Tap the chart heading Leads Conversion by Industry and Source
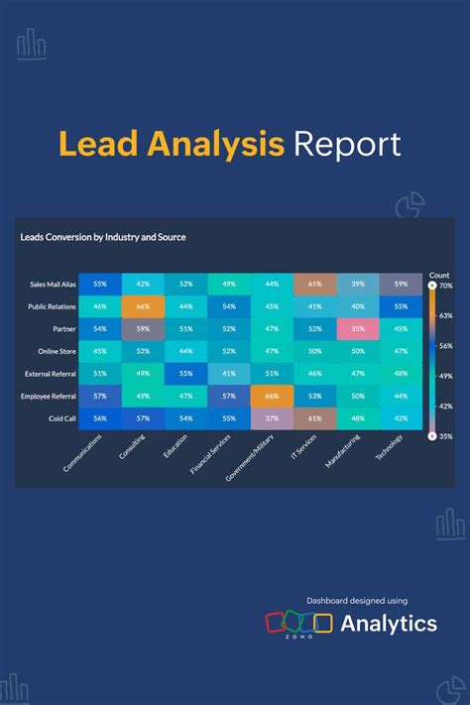[103, 237]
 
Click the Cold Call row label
[63, 418]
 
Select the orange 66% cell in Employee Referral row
[272, 396]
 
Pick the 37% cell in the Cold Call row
[272, 418]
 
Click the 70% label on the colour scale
[446, 286]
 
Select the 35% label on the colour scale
[446, 434]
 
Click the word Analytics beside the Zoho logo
[389, 624]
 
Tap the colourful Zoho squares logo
[298, 623]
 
